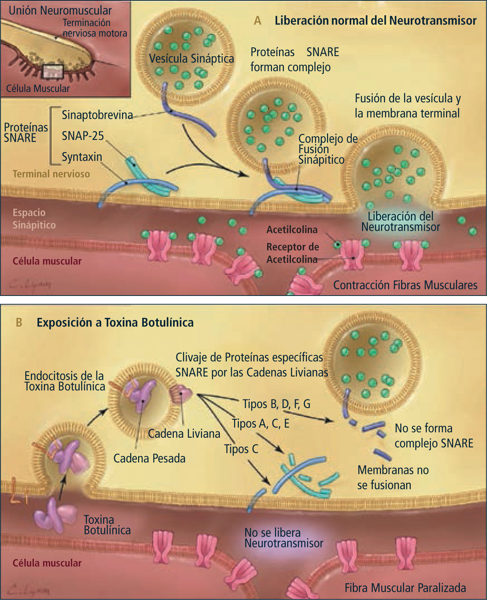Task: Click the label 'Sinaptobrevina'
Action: click(97, 115)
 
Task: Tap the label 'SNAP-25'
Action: click(83, 136)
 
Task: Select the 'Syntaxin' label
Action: click(82, 157)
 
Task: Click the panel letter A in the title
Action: click(257, 21)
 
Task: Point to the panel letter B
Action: click(19, 322)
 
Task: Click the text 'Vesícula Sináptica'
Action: click(191, 58)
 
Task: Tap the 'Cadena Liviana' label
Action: click(184, 434)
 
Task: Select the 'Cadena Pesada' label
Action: click(149, 458)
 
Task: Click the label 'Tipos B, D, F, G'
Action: click(276, 404)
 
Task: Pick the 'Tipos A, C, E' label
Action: click(260, 424)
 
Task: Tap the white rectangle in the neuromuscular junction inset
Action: click(52, 71)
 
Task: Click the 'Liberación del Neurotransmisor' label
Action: click(400, 221)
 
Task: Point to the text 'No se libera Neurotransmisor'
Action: click(283, 538)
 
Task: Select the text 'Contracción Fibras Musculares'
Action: click(405, 285)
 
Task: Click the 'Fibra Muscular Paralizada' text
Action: click(405, 588)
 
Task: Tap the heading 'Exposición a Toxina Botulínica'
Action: click(115, 322)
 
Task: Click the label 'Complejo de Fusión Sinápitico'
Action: click(327, 149)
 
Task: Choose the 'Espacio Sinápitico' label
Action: click(34, 219)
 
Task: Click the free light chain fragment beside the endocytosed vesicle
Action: click(181, 392)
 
